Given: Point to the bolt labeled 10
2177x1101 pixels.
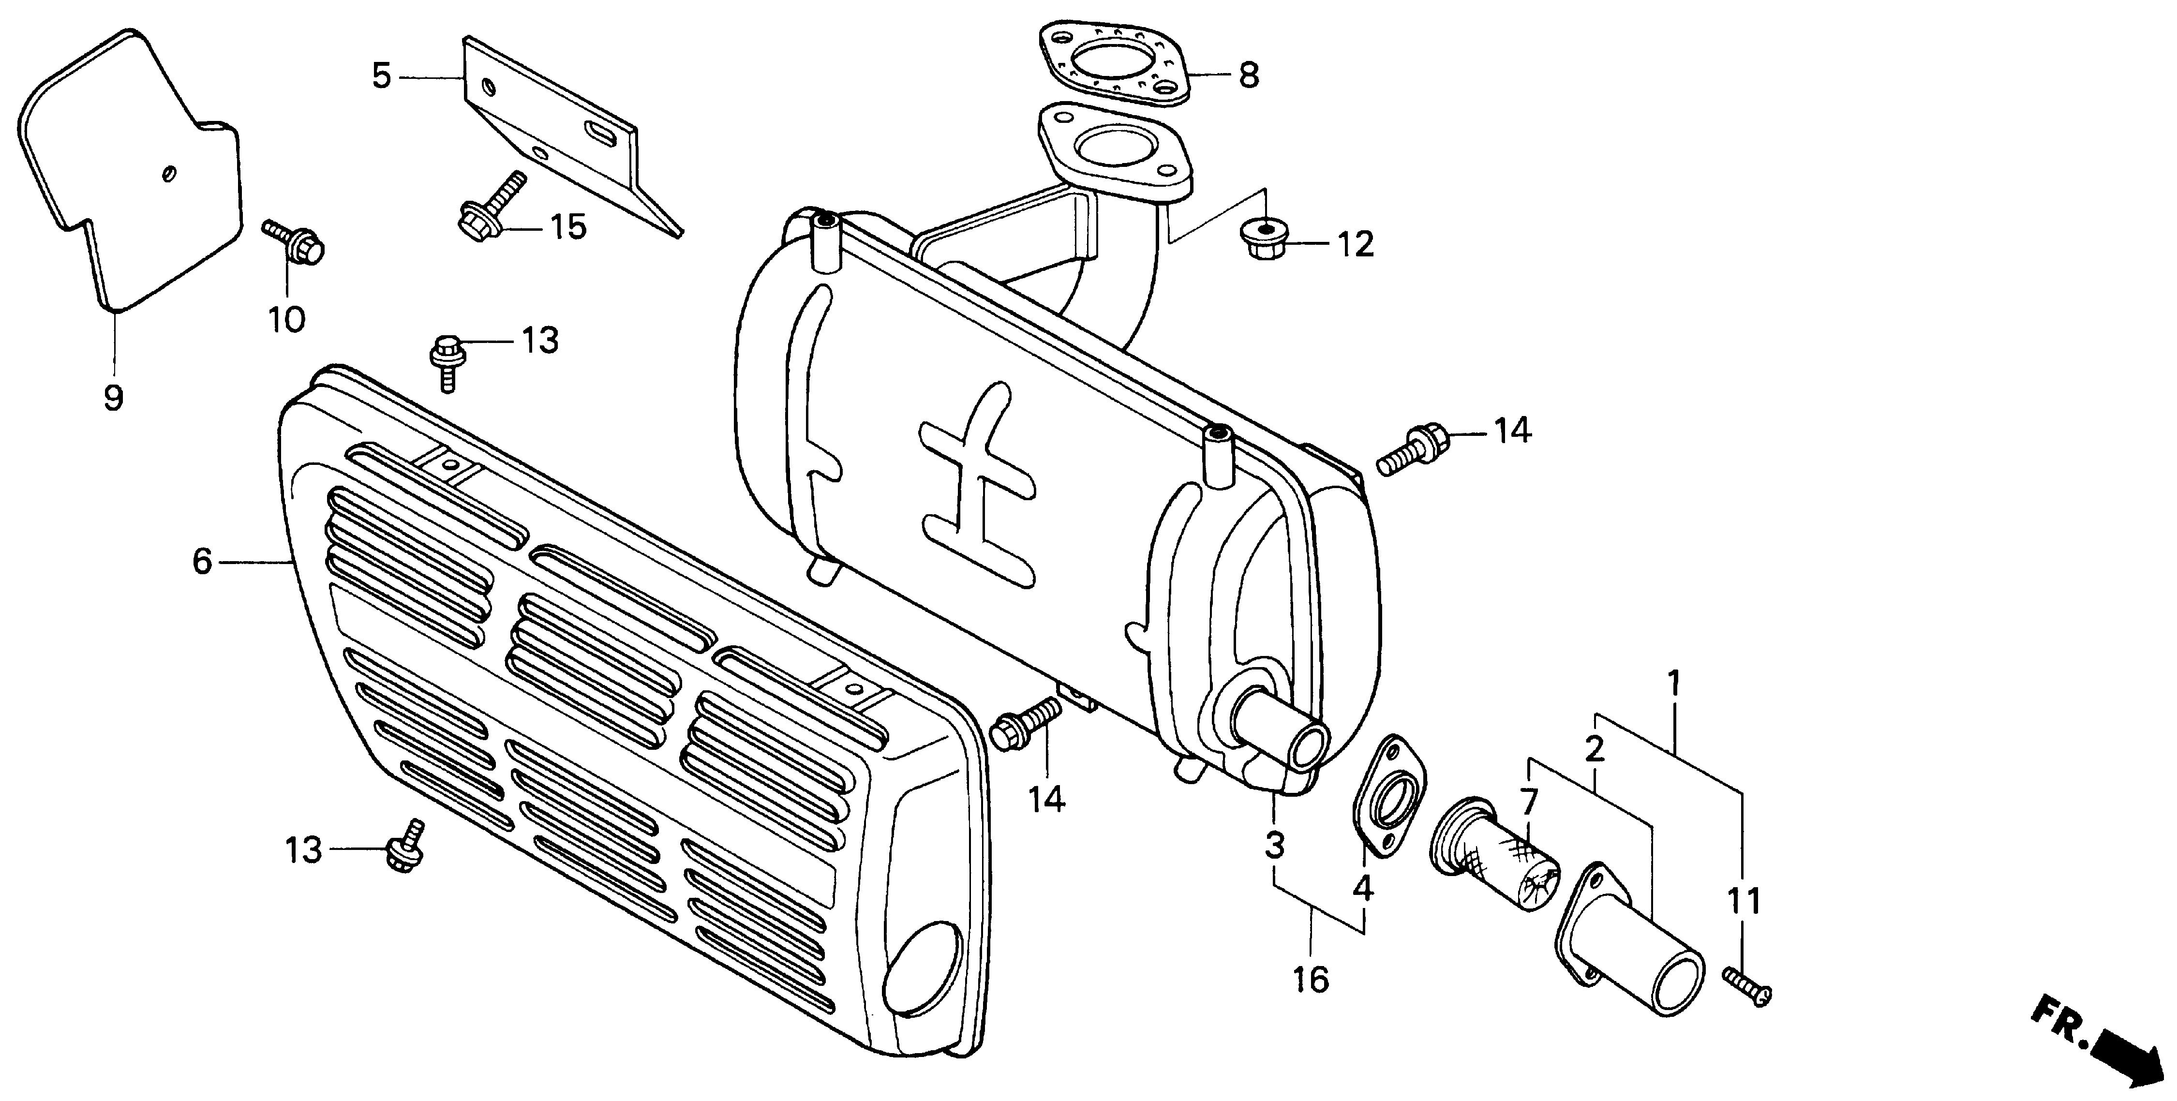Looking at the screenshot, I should [x=296, y=241].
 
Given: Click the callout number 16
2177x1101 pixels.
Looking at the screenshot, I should [x=1310, y=980].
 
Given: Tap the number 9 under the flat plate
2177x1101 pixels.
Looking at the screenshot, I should [x=113, y=397].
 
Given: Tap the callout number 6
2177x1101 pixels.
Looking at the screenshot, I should [x=202, y=561].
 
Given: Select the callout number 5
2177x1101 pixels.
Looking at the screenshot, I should [x=382, y=76].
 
